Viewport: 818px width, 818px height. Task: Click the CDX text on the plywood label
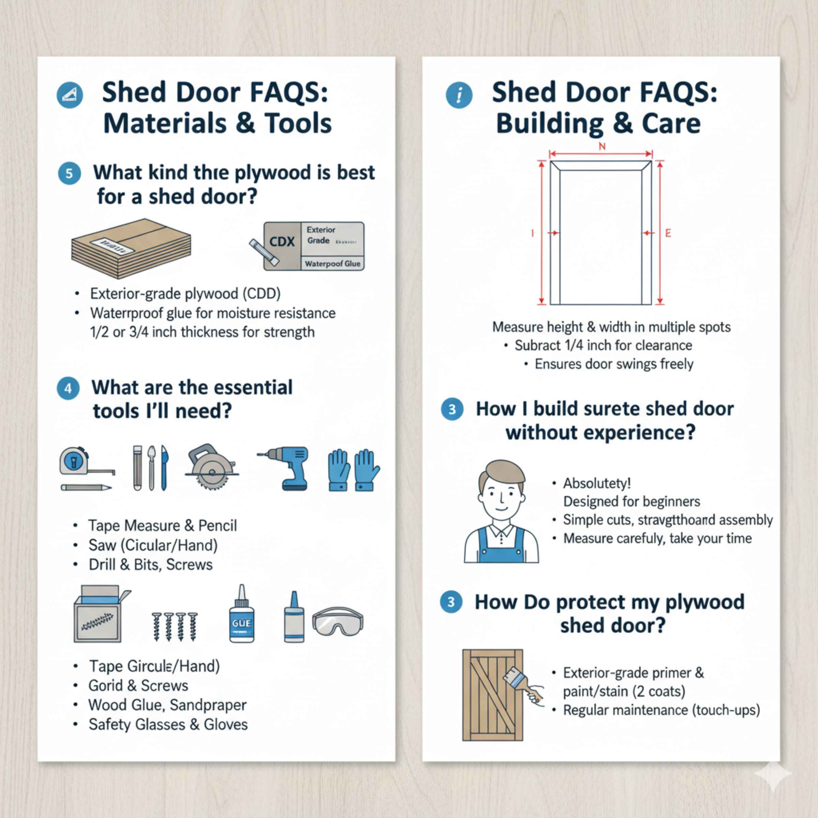(282, 242)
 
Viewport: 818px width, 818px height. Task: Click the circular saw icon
(210, 467)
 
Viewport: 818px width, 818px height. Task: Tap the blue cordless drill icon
(288, 467)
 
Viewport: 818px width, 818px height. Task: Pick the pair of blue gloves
(353, 470)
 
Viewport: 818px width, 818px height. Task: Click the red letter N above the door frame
(602, 147)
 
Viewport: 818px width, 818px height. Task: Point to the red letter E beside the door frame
(668, 233)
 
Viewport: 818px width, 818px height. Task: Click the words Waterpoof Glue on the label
(332, 264)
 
